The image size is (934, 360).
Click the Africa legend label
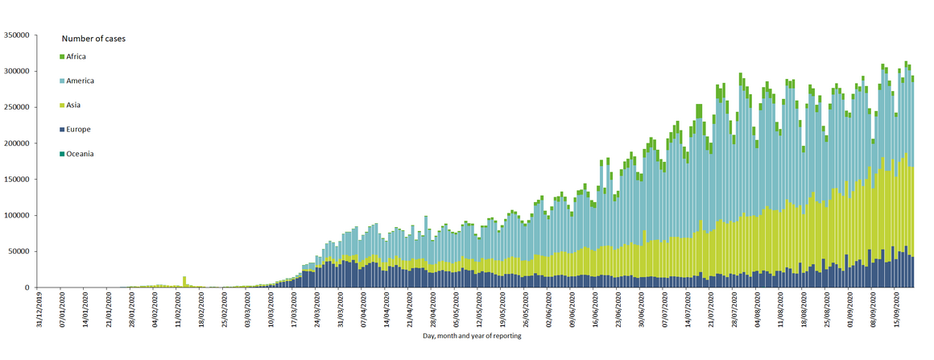[x=76, y=56]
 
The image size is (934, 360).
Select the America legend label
[x=81, y=81]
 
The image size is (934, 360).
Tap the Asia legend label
[x=74, y=105]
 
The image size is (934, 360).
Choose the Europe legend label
[x=79, y=129]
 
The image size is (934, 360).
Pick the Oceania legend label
[x=81, y=153]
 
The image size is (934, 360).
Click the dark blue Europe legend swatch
[x=62, y=129]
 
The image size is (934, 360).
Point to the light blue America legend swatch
[x=62, y=81]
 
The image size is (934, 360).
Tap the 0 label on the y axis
[x=27, y=288]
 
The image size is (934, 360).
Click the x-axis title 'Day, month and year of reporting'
[x=472, y=336]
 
